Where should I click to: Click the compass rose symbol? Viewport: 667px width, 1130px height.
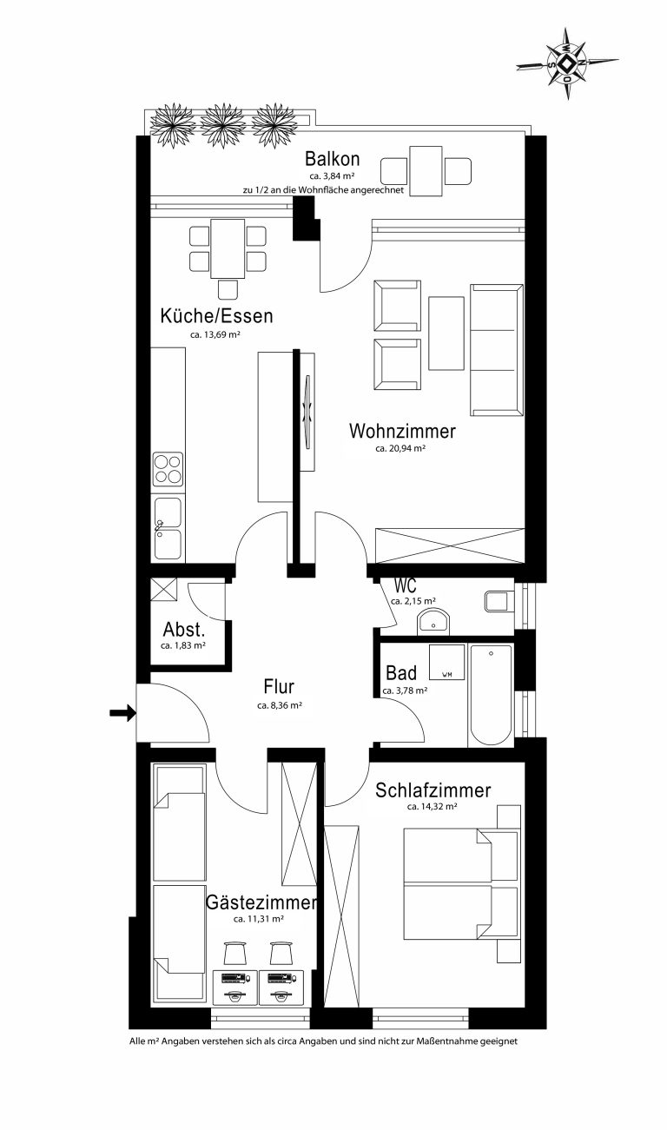[x=568, y=63]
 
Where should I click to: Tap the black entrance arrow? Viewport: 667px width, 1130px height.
[x=123, y=713]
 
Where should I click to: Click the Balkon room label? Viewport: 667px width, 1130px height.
[x=332, y=159]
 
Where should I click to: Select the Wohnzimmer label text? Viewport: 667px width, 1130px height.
[x=402, y=432]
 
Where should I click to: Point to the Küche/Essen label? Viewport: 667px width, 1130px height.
[x=216, y=316]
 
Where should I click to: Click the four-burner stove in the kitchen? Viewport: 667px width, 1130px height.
[x=168, y=469]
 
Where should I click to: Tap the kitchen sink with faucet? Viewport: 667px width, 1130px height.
[x=168, y=528]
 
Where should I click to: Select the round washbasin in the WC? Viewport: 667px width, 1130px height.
[x=433, y=621]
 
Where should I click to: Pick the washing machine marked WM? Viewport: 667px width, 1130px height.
[x=446, y=663]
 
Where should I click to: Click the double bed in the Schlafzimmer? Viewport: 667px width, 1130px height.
[x=460, y=884]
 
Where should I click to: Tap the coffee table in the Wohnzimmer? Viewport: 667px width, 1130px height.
[x=446, y=334]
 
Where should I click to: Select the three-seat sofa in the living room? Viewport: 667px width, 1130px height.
[x=497, y=350]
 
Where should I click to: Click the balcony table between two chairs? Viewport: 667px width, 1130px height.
[x=426, y=171]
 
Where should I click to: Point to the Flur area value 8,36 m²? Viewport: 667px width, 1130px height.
[x=280, y=706]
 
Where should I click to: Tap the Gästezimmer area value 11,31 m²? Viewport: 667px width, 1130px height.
[x=258, y=919]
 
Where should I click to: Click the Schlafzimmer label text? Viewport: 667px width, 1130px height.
[x=433, y=790]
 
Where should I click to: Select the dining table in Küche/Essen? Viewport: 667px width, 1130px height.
[x=228, y=248]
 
